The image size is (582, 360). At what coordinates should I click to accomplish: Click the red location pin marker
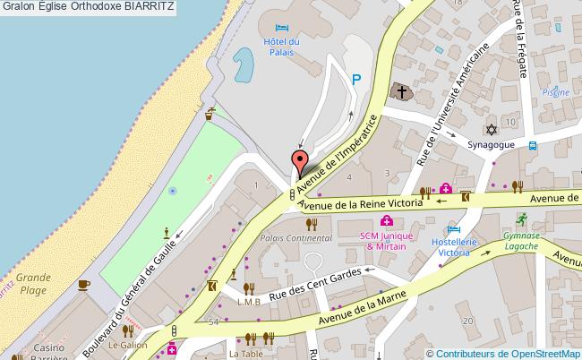[x=298, y=162]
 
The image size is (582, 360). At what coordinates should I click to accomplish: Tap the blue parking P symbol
[x=356, y=80]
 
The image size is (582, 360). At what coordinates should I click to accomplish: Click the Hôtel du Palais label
[x=281, y=47]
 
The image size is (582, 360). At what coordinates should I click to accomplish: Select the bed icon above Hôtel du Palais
[x=282, y=30]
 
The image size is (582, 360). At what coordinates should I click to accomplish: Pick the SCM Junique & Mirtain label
[x=382, y=241]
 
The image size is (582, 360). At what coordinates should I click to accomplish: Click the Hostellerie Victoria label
[x=451, y=247]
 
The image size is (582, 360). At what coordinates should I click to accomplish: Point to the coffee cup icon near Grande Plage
[x=83, y=284]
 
